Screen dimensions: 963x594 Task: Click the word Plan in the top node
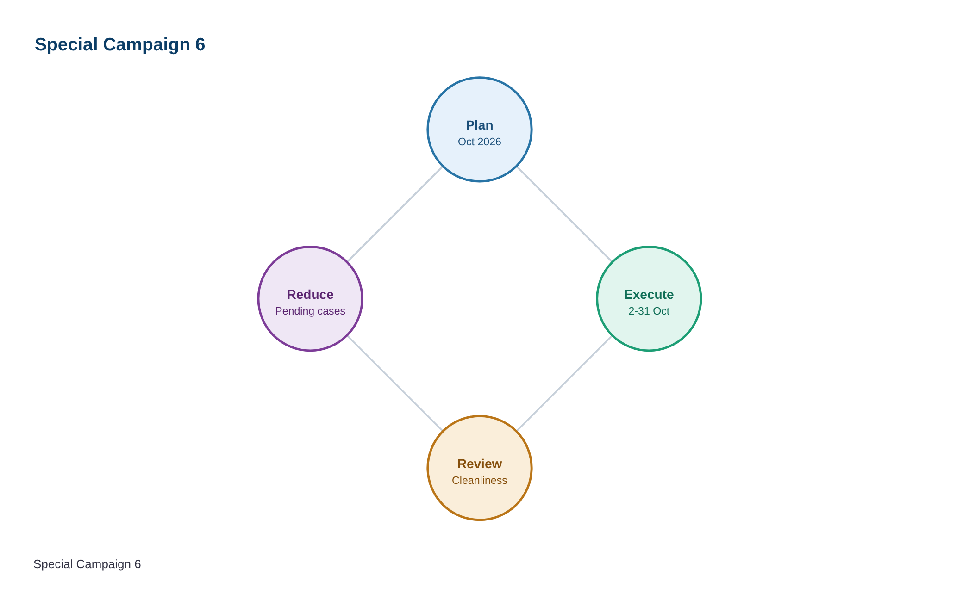(480, 125)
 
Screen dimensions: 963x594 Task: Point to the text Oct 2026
(480, 142)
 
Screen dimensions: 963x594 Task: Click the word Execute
(649, 295)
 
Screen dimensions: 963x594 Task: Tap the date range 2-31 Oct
(649, 311)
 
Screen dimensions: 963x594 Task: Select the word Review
(480, 464)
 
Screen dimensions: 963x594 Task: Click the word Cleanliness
(480, 481)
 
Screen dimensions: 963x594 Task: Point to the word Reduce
(310, 295)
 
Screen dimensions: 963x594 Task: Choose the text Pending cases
(310, 311)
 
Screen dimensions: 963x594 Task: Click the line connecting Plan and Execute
(564, 214)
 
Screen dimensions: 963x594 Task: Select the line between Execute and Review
(564, 384)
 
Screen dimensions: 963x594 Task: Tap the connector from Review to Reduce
(395, 384)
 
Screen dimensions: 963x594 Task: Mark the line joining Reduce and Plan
(395, 214)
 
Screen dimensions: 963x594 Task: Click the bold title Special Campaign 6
(120, 45)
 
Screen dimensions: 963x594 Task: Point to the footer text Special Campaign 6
(87, 564)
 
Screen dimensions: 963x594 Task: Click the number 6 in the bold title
(200, 45)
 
